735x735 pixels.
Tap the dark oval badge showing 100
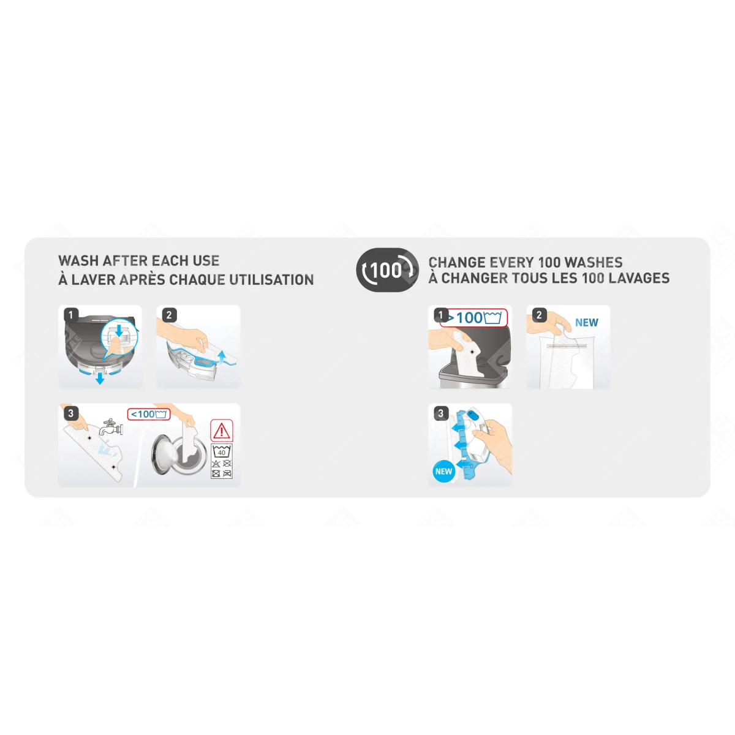point(387,270)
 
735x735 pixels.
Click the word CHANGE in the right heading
point(456,262)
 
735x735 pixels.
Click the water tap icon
point(110,426)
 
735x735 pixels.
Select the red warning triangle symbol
point(221,431)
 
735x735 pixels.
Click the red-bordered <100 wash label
point(149,414)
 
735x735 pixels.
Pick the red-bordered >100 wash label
point(473,318)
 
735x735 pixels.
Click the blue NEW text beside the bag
point(587,323)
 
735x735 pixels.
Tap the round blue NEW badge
point(443,472)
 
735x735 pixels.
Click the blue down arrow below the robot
point(100,379)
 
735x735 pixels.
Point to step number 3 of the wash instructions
point(70,413)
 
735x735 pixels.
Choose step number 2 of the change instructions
point(539,315)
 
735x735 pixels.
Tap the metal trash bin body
point(473,380)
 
